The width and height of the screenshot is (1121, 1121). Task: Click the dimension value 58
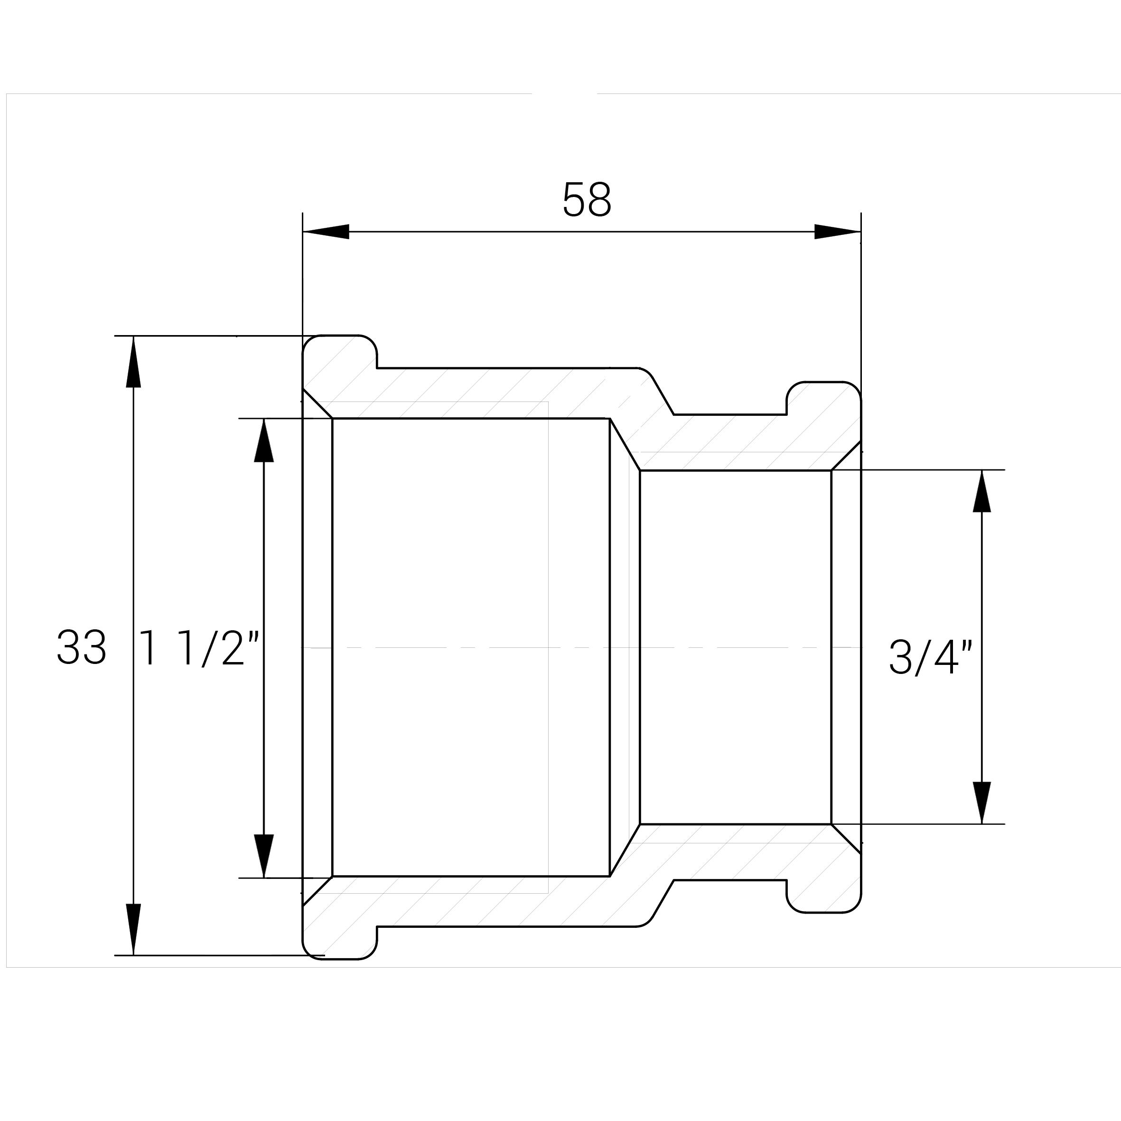click(587, 200)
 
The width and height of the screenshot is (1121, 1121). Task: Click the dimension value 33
click(82, 647)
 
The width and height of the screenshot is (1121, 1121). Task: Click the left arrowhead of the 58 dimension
click(326, 232)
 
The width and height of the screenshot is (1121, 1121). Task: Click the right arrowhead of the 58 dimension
click(837, 232)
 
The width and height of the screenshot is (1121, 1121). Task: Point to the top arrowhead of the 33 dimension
click(133, 362)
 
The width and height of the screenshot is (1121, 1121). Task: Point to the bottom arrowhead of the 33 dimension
click(133, 930)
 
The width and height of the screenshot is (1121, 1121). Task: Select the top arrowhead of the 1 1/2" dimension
click(264, 440)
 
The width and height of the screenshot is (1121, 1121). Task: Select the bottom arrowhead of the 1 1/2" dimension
click(264, 856)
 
